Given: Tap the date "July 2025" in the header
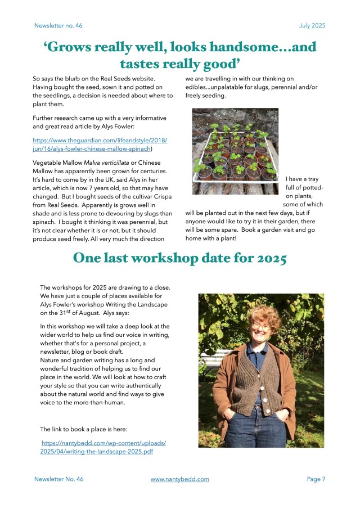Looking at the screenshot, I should point(312,26).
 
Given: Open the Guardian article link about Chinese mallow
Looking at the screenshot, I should point(100,145).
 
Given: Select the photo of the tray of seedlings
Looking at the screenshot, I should point(235,151).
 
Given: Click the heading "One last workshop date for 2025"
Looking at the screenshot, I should point(179,258).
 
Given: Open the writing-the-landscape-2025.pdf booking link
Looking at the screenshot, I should point(103,447).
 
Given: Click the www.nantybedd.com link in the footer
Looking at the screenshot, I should point(179,479).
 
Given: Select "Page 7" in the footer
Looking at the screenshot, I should point(316,479).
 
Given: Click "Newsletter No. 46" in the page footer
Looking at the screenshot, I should point(58,479).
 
